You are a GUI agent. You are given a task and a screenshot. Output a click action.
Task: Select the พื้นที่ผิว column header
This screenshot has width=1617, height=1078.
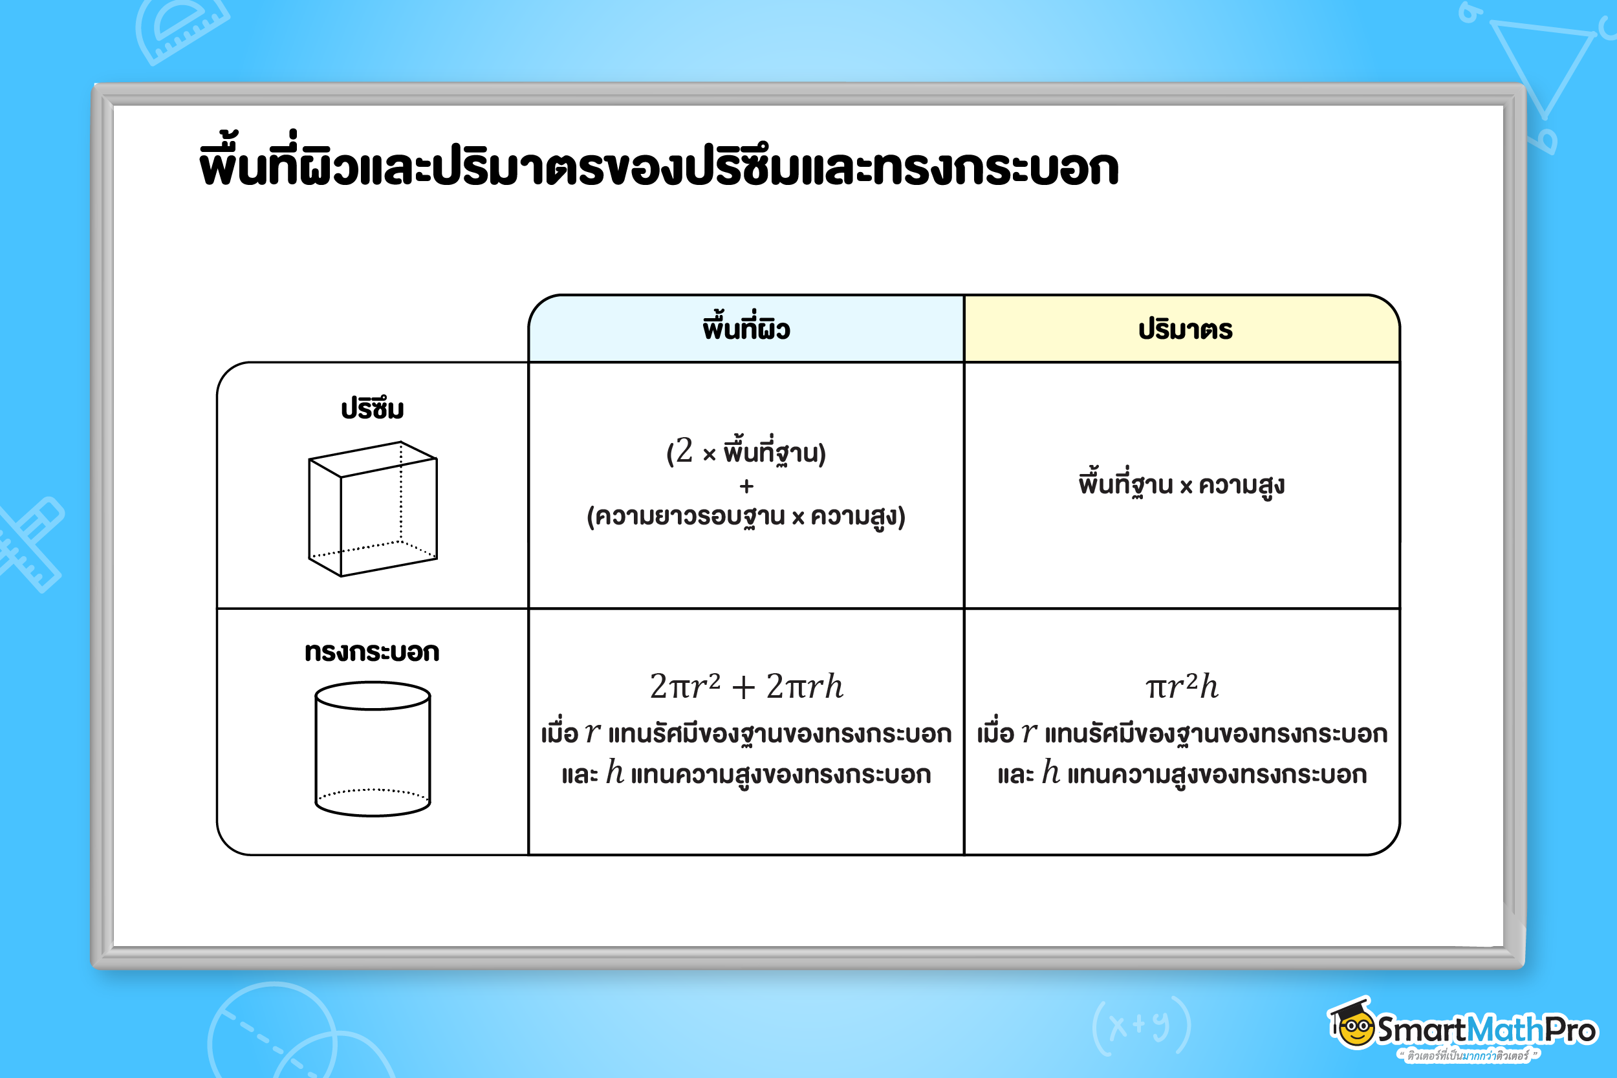tap(746, 328)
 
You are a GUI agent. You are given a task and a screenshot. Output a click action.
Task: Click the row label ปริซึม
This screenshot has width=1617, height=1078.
tap(372, 409)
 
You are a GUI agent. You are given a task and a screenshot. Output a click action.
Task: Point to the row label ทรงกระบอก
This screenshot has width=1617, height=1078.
tap(372, 651)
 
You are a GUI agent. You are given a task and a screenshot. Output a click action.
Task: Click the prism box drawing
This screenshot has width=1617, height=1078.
tap(373, 509)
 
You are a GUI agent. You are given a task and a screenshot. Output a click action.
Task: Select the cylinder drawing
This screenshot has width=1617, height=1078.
tap(373, 749)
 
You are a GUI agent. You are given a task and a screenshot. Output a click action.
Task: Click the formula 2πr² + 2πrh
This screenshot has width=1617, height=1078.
tap(746, 686)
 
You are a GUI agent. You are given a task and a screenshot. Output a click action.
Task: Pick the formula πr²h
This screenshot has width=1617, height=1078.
tap(1182, 686)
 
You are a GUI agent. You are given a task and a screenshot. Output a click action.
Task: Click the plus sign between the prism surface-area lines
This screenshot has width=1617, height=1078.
tap(746, 487)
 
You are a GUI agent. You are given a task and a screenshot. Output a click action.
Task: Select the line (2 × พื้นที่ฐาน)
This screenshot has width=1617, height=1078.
tap(746, 451)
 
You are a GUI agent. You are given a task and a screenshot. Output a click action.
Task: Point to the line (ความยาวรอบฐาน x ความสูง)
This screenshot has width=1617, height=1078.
tap(746, 516)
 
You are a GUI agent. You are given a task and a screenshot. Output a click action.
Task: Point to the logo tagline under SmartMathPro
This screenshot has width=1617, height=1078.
tap(1468, 1055)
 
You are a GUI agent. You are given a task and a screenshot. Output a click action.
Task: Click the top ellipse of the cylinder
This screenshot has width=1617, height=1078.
tap(373, 682)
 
